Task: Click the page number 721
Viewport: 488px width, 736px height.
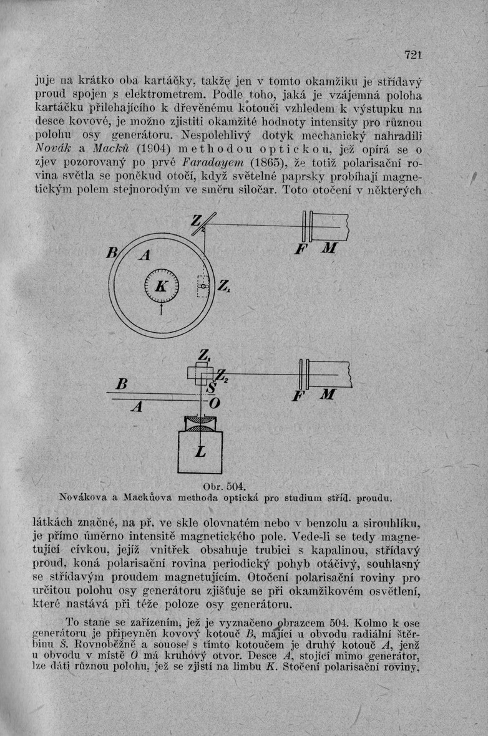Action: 413,55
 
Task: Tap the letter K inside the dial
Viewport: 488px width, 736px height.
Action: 161,287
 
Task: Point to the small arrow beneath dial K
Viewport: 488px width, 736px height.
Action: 162,309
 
